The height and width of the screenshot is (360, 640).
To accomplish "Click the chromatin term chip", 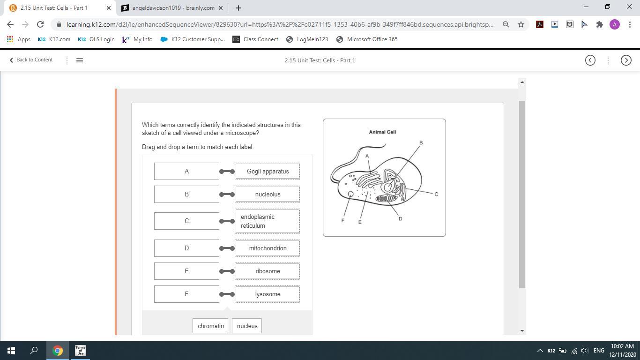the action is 210,326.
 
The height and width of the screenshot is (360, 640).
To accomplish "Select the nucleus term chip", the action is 247,326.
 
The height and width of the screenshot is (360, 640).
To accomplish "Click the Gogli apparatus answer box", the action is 268,171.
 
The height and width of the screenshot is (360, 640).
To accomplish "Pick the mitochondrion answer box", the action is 268,248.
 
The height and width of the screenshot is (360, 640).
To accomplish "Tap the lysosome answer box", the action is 268,294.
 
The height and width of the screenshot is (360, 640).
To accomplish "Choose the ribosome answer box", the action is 268,271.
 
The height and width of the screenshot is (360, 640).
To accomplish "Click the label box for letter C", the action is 186,221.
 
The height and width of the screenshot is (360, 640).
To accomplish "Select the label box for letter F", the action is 186,294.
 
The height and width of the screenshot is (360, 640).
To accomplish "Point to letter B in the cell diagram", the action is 421,142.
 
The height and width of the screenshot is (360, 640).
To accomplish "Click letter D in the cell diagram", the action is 400,218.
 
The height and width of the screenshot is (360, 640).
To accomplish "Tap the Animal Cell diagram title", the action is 382,132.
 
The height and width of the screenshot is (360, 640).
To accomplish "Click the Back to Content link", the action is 31,60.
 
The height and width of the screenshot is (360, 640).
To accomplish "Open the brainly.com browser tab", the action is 172,8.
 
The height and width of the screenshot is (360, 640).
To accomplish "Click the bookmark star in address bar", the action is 521,24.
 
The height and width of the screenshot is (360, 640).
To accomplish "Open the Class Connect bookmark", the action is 255,39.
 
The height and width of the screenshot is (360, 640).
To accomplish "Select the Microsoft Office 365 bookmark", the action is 367,39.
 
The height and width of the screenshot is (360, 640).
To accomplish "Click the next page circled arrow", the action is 626,60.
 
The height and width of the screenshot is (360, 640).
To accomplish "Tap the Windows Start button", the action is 11,351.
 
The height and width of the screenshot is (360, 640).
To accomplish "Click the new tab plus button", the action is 238,8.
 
